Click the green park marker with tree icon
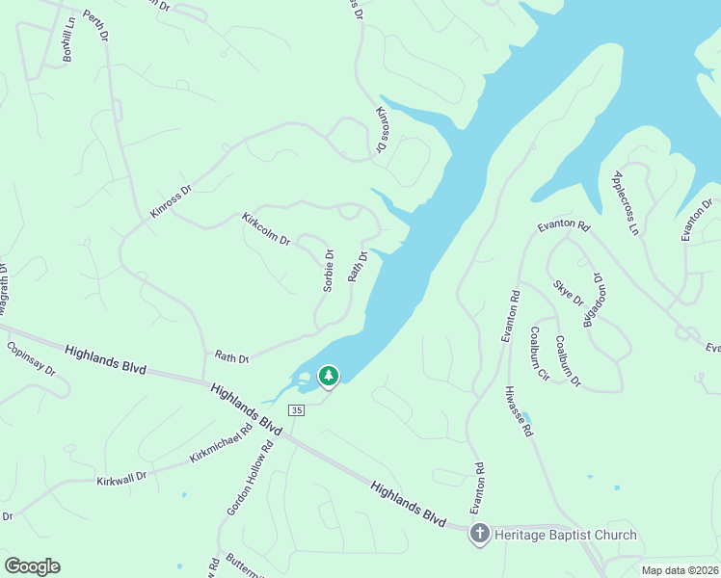[329, 375]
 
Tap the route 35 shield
[296, 410]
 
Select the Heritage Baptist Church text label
[566, 535]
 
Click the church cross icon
[480, 535]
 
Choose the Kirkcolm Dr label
[266, 228]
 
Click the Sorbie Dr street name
[328, 271]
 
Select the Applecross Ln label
[626, 203]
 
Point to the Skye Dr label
[569, 293]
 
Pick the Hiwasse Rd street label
[518, 412]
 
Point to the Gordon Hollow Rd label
[251, 477]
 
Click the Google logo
[32, 566]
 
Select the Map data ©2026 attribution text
[680, 570]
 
